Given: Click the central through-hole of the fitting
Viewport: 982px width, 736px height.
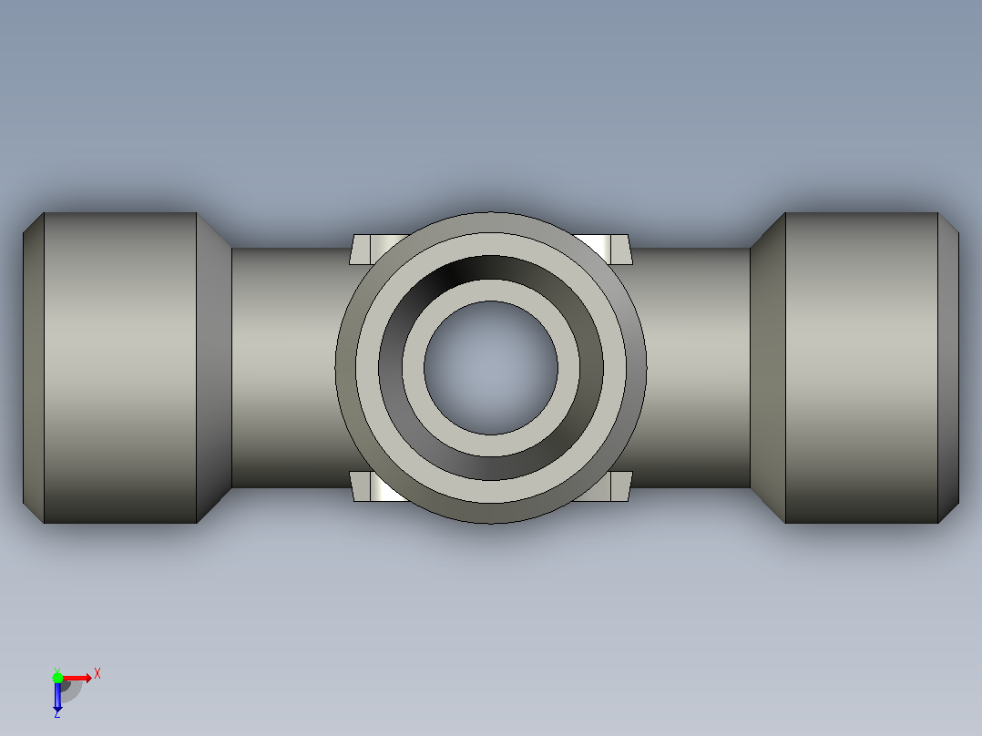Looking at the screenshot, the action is tap(491, 368).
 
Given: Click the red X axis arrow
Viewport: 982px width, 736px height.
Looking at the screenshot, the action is tap(77, 678).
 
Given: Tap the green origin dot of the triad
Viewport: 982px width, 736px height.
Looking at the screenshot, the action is tap(57, 678).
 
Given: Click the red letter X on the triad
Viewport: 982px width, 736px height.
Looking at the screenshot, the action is tap(97, 674).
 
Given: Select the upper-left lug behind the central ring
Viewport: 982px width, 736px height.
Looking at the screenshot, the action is tap(373, 250).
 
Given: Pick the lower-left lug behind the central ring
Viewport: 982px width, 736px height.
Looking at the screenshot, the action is tap(373, 486).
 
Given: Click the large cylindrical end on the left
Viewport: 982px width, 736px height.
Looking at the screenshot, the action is tap(120, 368).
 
